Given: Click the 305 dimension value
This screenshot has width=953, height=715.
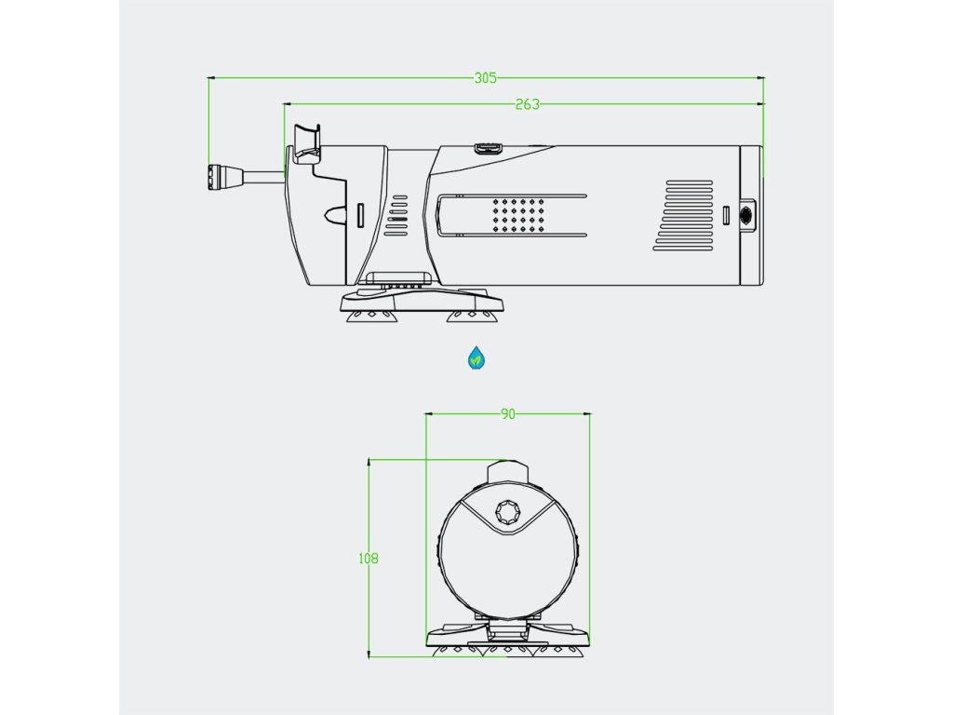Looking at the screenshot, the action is pos(485,78).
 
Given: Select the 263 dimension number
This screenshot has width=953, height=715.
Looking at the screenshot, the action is pos(527,104).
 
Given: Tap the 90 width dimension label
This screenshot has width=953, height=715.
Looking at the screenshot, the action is pos(507,414).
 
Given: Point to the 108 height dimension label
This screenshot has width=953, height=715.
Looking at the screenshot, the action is pos(369,559).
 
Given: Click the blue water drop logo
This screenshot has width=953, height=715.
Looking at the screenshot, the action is pos(476,357).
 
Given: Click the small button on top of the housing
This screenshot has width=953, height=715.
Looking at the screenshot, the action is pos(489,147).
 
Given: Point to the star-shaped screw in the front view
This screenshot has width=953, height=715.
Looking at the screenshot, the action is pos(508,513).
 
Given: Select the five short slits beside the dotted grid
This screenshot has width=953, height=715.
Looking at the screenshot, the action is pos(398,213).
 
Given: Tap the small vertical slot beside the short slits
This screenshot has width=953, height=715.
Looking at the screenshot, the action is pos(360,215).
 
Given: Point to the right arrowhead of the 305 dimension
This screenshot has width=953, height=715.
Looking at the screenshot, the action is pos(759,78).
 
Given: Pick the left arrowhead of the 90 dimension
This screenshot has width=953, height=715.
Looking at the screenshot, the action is pos(429,414).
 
